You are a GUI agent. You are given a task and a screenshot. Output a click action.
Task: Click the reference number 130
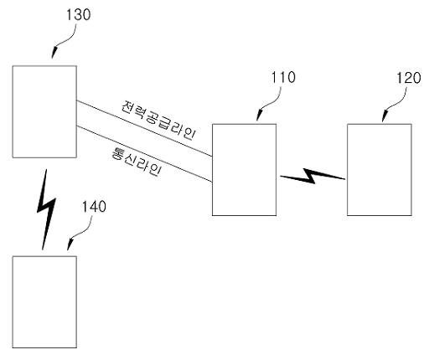[79, 14]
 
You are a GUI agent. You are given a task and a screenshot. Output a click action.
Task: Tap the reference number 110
[283, 77]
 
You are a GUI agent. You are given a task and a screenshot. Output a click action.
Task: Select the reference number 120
[409, 78]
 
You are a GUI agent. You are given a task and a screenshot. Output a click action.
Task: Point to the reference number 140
[94, 207]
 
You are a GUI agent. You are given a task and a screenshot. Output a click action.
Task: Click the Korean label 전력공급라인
[158, 121]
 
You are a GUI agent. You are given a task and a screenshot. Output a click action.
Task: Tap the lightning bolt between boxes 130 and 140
[46, 209]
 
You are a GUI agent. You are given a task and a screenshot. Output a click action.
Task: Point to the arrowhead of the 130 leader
[54, 53]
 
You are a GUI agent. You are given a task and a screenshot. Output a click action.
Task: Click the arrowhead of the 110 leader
[259, 116]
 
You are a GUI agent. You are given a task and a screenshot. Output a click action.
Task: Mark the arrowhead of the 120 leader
[384, 116]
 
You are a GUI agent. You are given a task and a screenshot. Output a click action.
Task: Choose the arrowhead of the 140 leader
[70, 245]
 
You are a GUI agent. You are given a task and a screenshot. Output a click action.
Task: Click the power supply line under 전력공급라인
[144, 128]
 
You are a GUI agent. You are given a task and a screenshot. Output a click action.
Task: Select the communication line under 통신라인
[144, 154]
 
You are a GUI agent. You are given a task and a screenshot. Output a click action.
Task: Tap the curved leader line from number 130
[68, 39]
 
